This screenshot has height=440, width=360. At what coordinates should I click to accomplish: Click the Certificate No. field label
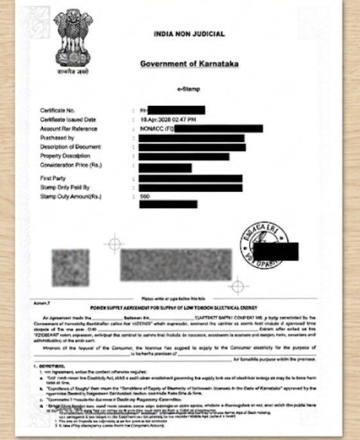click(58, 110)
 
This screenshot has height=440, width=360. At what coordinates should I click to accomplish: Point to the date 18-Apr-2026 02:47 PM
click(168, 119)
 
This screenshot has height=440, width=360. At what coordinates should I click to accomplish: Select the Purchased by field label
click(57, 137)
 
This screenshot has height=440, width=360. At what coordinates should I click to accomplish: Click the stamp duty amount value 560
click(144, 196)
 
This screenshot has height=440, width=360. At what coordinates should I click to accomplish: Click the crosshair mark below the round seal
click(239, 283)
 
